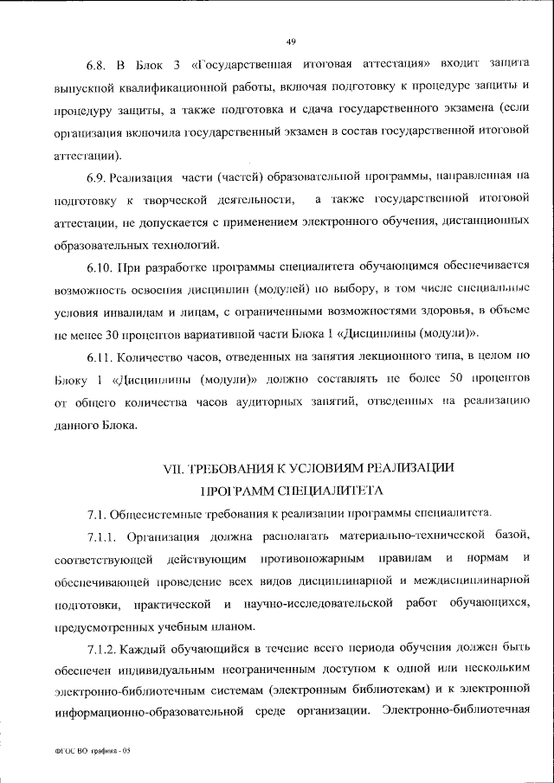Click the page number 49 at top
[x=291, y=41]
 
